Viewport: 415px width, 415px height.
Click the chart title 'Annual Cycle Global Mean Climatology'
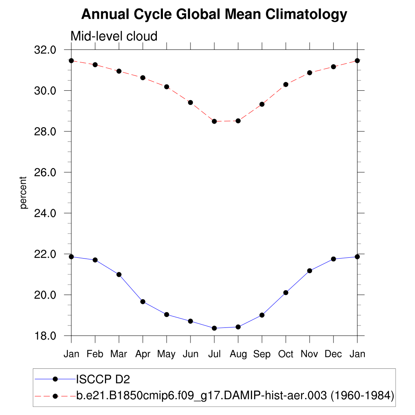[x=214, y=15]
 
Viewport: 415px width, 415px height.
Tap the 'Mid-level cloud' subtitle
[x=114, y=36]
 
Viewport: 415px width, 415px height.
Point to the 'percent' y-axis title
[x=24, y=193]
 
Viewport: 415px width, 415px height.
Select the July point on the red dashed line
[x=214, y=121]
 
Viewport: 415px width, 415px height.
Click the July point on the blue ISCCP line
[x=214, y=328]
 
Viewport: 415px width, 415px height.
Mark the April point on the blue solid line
[x=143, y=302]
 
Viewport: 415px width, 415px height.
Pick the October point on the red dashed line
[x=286, y=84]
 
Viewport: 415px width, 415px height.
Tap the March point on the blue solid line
[x=119, y=274]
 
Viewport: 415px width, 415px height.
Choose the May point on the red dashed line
[x=167, y=87]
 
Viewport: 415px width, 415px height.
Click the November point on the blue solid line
[x=310, y=271]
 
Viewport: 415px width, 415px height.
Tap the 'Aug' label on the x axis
[x=238, y=354]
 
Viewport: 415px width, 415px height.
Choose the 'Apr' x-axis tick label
[x=143, y=354]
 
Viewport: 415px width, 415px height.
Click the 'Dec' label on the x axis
[x=334, y=354]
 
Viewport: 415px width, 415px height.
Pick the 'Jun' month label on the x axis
[x=190, y=354]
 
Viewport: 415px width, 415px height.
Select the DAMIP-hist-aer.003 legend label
[x=235, y=395]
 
